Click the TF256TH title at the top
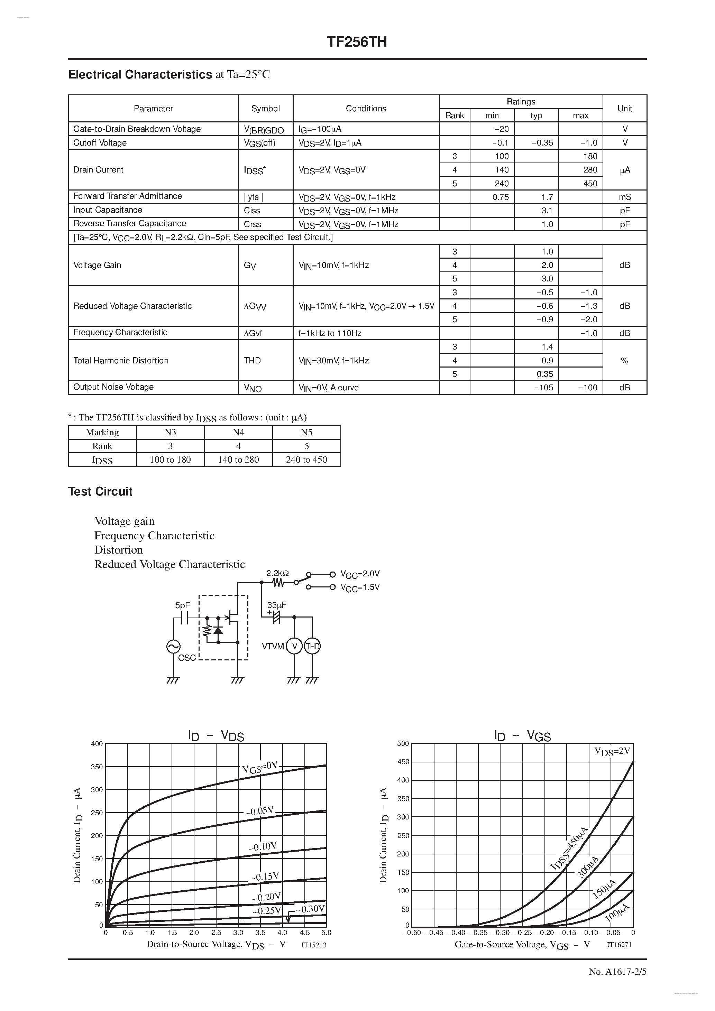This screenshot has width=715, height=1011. [357, 42]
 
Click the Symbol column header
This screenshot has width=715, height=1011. [265, 108]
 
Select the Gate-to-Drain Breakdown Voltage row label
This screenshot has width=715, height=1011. [137, 129]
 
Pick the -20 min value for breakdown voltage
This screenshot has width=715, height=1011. [501, 129]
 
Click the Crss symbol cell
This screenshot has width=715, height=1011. [253, 224]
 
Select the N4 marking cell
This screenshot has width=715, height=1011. [238, 433]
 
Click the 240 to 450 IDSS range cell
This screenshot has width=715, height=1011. [306, 460]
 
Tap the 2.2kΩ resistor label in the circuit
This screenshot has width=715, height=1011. [277, 573]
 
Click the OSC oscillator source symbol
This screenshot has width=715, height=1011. [173, 647]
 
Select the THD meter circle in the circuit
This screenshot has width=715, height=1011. [312, 647]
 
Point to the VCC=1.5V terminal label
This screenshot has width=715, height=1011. [360, 587]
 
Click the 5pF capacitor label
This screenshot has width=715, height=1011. [182, 605]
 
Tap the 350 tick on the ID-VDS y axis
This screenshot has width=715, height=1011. [97, 767]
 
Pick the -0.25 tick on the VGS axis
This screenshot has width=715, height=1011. [523, 933]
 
